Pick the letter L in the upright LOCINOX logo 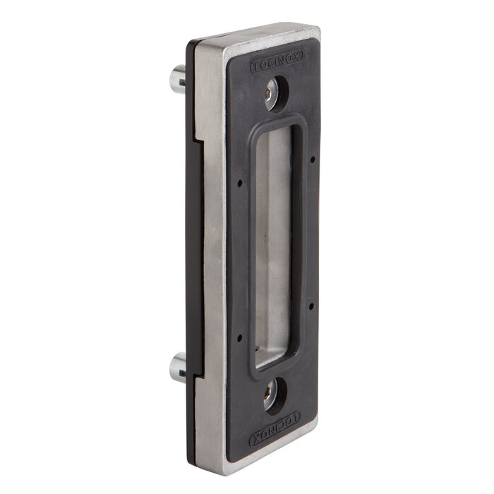[257, 66]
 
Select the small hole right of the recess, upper [313, 159]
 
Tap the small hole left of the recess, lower [239, 335]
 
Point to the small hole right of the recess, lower [312, 308]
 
